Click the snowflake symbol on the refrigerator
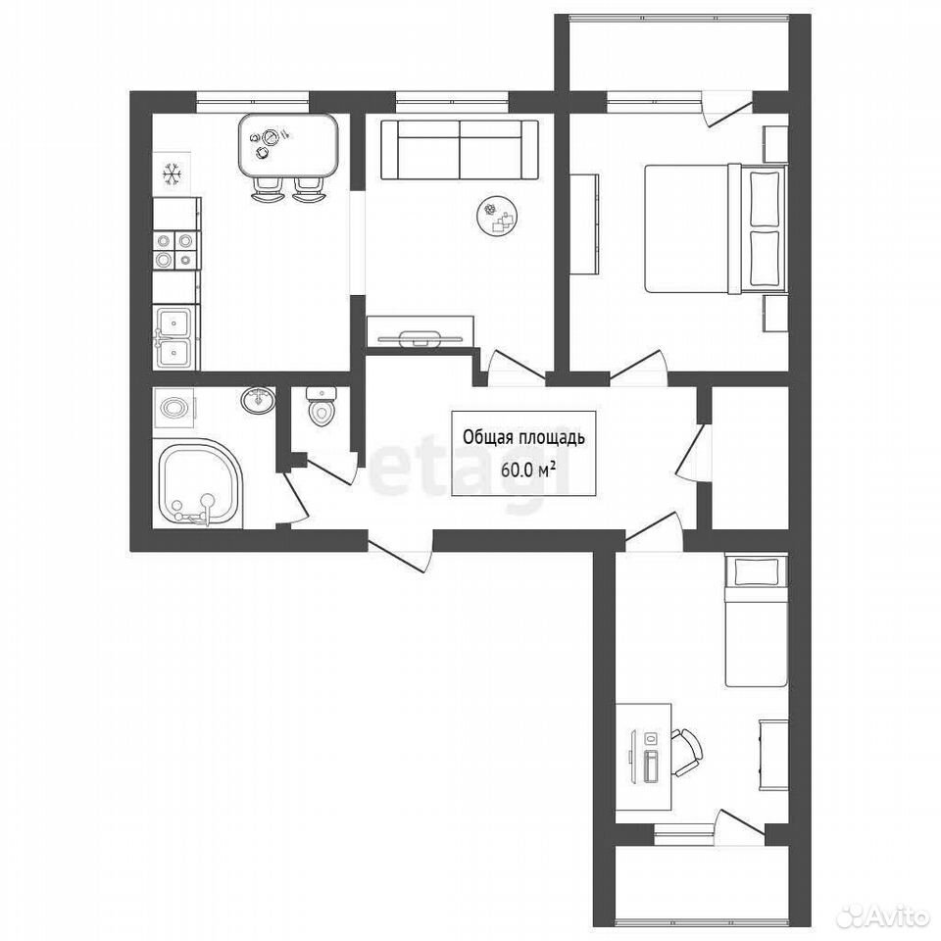pos(173,174)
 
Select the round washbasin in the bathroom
pos(259,399)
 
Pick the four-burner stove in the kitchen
pos(174,250)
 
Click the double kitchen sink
pos(174,337)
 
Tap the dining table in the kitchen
pos(288,145)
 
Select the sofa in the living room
pos(459,149)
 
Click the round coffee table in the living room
pos(498,218)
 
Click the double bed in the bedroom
pos(716,229)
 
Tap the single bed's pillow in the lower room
pos(756,570)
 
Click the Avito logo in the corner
pos(888,916)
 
